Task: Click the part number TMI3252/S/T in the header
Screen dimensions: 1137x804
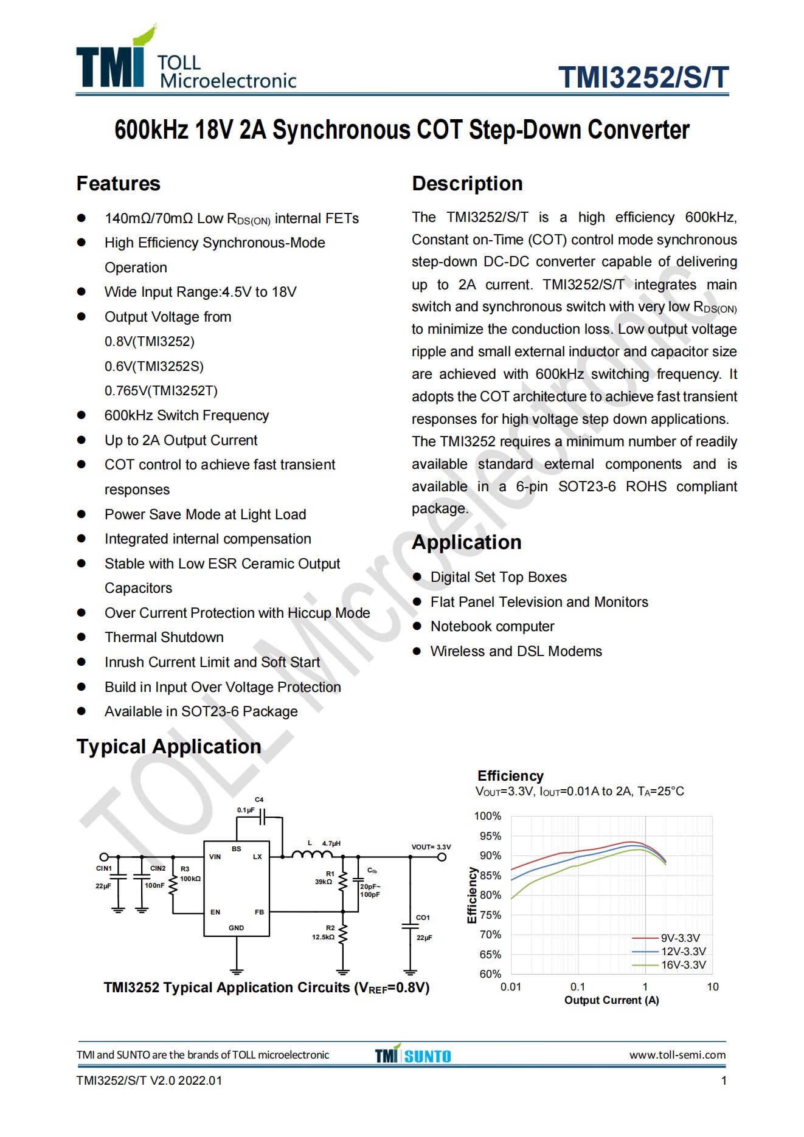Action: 643,78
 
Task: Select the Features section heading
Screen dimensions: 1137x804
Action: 118,184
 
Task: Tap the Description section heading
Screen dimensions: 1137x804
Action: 467,184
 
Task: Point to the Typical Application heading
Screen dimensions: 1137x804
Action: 168,747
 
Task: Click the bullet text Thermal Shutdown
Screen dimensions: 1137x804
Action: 164,637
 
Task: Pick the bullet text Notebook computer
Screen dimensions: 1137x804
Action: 492,626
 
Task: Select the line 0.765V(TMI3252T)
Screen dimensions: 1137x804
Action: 161,390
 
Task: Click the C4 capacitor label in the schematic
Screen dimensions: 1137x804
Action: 259,800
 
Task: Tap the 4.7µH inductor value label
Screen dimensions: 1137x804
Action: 331,843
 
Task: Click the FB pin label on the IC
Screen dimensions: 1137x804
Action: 259,912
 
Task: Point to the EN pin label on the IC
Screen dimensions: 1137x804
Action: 215,912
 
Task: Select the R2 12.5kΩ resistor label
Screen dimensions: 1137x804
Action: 324,932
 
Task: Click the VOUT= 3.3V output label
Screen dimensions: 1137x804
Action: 431,847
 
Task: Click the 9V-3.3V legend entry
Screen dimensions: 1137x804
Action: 680,938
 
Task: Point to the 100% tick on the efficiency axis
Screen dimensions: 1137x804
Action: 488,816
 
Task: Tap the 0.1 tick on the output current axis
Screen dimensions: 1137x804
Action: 578,987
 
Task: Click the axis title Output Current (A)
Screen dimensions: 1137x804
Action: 611,1000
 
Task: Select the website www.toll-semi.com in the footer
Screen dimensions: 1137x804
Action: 677,1055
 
